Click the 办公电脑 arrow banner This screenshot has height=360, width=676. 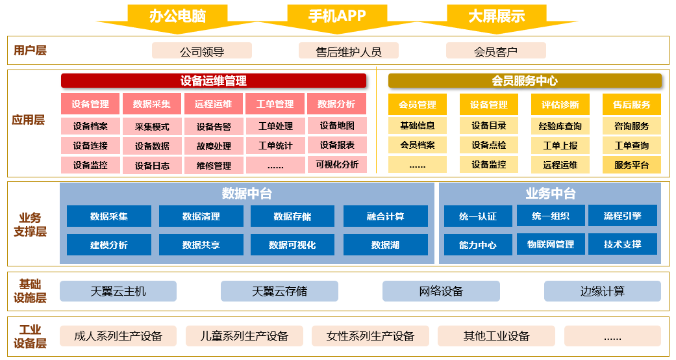coord(177,16)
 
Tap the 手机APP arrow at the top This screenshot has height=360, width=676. coord(337,16)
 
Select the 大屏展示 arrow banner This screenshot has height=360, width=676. coord(496,16)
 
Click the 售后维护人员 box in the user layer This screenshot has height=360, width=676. coord(349,51)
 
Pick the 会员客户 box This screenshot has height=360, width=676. coord(495,51)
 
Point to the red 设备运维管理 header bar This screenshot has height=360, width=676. coord(214,81)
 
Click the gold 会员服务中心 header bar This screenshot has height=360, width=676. coord(525,81)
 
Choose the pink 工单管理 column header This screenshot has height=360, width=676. coord(275,104)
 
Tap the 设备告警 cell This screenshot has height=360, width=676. coord(214,127)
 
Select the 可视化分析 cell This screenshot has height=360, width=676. coord(337,164)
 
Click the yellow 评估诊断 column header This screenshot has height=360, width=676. coord(560,105)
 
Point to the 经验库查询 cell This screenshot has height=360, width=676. coord(560,126)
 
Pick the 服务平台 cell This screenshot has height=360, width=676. coord(631,165)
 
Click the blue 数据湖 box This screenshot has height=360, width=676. coord(385,245)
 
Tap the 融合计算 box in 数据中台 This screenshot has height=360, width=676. coord(385,216)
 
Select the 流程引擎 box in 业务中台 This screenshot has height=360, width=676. coord(622,216)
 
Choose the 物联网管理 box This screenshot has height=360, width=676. coord(551,244)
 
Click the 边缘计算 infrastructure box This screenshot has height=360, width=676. coord(602,291)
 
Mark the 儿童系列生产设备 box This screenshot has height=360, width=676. coord(245,336)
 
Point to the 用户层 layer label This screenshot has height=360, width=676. coord(31,50)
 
